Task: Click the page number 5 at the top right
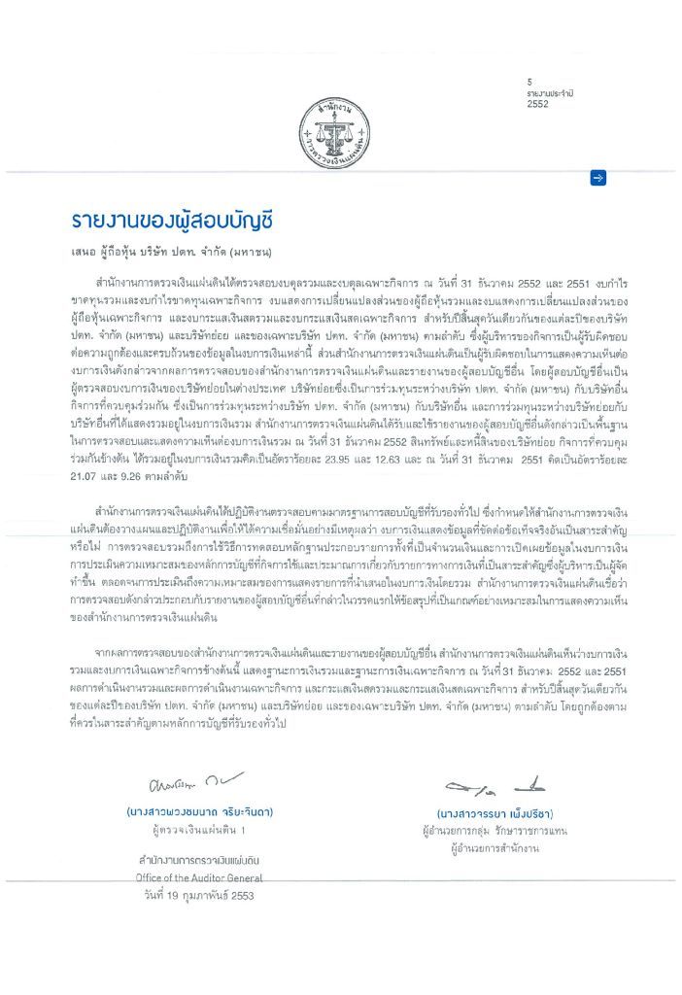(530, 81)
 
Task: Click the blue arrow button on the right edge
(598, 177)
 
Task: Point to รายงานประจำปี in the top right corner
(550, 91)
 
